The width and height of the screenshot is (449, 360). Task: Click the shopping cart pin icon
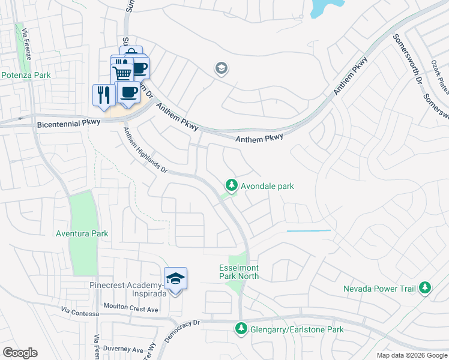coord(122,73)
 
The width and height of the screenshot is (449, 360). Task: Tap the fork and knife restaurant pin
coord(103,94)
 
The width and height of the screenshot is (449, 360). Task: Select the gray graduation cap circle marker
coord(221,69)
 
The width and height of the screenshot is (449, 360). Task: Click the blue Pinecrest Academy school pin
coord(175,279)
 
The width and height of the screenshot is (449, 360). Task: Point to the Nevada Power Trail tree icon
coord(425,289)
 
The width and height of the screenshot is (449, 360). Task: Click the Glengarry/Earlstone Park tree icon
coord(241,329)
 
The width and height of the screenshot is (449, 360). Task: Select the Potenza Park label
coord(26,75)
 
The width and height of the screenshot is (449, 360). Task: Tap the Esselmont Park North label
coord(239,272)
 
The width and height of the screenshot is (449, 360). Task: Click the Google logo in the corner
coord(20,352)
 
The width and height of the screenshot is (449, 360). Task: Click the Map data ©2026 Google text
coord(412,355)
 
